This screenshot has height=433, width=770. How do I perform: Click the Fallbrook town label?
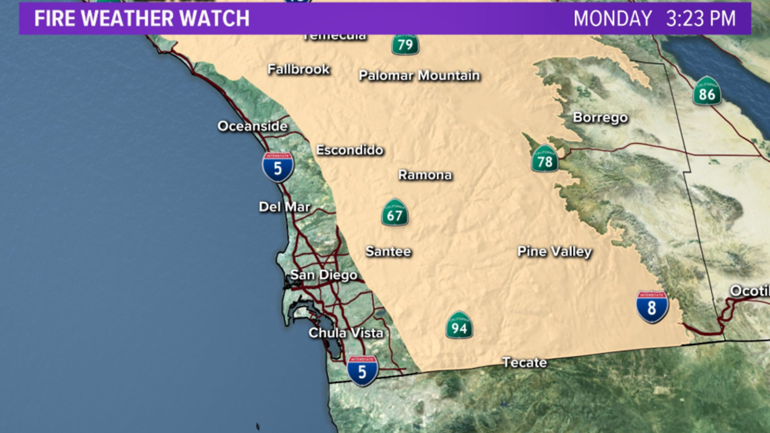point(299,69)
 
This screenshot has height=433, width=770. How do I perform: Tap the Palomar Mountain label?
point(419,75)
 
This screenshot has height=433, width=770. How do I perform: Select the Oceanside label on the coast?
point(253,126)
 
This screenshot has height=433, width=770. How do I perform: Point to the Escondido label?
point(350,150)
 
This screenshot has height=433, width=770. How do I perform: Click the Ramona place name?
point(425,175)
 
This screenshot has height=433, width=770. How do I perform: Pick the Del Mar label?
point(284,207)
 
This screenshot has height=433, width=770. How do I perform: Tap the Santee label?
point(388,251)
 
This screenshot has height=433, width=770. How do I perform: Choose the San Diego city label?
point(324,275)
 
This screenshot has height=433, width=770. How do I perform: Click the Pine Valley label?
point(555,251)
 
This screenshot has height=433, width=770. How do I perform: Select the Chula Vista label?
point(346,332)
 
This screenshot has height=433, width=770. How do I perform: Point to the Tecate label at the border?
point(525,363)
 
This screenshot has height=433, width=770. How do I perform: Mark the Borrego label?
point(600,118)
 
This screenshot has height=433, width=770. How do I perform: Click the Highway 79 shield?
point(405,45)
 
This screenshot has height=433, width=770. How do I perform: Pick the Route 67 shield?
point(395,213)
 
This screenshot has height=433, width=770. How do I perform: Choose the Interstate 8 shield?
point(652,307)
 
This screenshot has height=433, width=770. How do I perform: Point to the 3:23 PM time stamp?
point(701,18)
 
